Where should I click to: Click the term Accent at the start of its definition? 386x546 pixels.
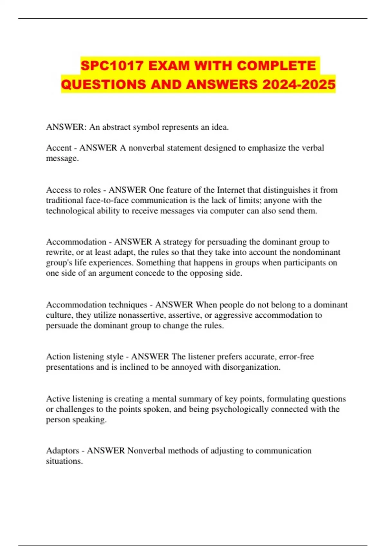point(59,148)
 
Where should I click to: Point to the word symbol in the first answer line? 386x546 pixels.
point(146,127)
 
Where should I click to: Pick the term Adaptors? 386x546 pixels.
point(62,451)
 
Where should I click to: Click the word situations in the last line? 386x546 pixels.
point(64,461)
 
